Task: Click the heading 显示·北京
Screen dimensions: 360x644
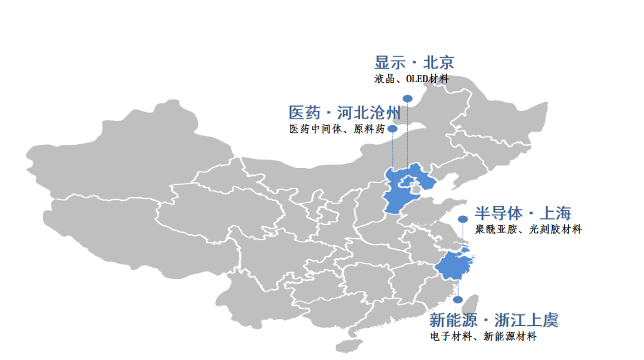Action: tap(414, 63)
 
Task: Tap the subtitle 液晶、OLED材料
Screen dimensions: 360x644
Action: tap(411, 78)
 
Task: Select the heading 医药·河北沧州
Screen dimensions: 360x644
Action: tap(345, 113)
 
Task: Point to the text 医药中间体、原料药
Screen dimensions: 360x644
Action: tap(336, 129)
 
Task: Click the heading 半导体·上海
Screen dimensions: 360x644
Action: tap(523, 213)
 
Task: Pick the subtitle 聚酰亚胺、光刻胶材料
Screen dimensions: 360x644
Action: tap(528, 229)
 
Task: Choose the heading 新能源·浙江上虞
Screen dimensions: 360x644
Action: tap(494, 320)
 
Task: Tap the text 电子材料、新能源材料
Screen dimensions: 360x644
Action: tap(483, 337)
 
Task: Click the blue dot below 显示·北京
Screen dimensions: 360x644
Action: tap(408, 98)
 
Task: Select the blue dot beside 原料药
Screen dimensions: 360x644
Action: tap(392, 129)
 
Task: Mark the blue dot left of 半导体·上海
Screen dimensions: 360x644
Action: tap(463, 219)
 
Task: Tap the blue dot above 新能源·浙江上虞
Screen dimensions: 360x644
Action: tap(457, 300)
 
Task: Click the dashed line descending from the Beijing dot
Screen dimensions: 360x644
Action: tap(408, 137)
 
